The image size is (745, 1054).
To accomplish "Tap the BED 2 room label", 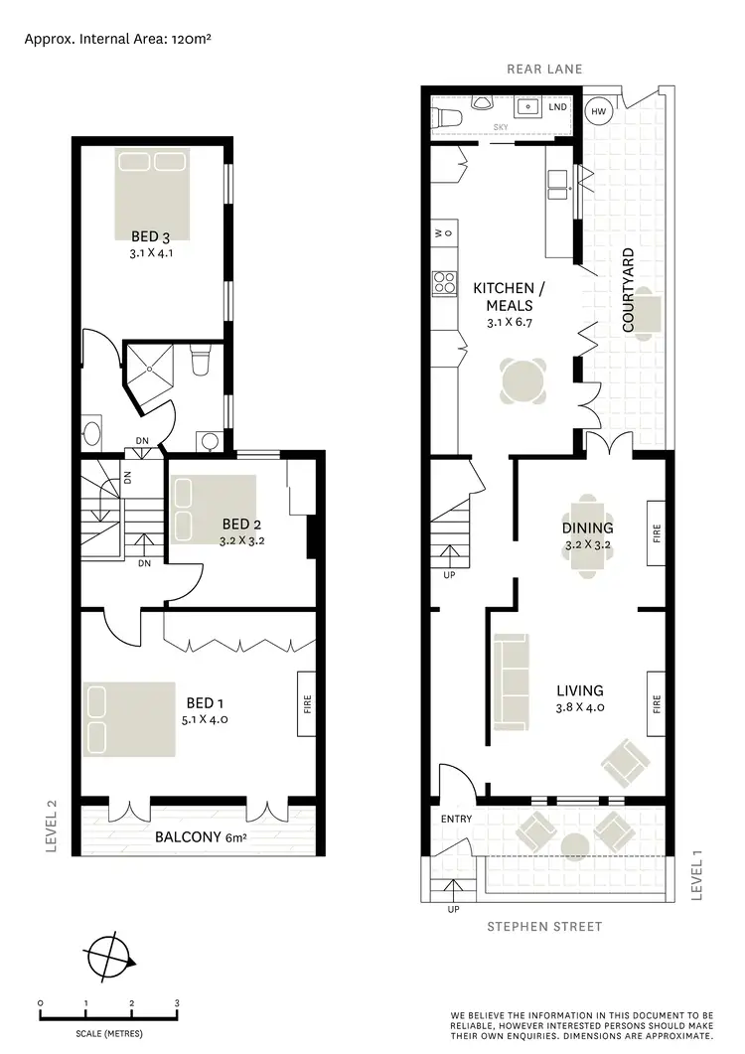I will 241,524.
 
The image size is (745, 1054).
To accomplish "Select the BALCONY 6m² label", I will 201,837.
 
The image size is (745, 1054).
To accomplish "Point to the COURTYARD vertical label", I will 628,290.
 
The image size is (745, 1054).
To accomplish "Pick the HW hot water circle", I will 598,111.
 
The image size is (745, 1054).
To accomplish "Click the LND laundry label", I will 558,106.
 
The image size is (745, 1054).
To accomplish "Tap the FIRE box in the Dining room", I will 656,533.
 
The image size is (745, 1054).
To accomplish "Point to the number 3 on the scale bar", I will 177,1003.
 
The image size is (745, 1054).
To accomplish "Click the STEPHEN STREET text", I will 544,927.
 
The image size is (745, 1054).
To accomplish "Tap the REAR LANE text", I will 544,69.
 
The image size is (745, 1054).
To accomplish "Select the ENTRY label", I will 457,819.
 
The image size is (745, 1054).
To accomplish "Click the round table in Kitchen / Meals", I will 523,382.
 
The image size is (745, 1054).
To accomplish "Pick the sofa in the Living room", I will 512,680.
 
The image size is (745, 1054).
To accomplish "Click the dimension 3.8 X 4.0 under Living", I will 580,708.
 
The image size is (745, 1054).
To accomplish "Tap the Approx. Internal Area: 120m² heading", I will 119,40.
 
